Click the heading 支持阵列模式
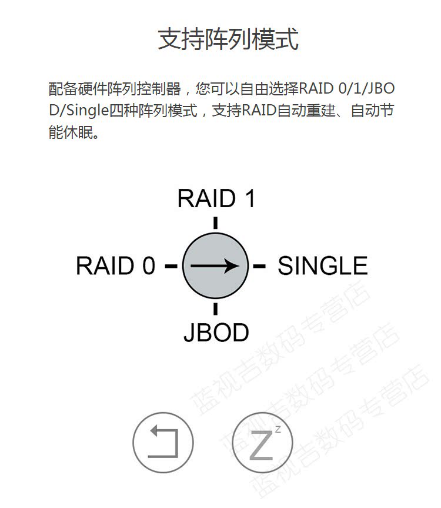click(228, 39)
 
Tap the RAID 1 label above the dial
click(216, 198)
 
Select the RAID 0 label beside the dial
click(116, 266)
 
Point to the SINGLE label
click(322, 266)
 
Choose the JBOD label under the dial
click(216, 333)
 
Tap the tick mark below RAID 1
click(216, 223)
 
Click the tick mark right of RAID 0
click(171, 266)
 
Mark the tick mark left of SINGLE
click(259, 266)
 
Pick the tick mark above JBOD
click(216, 308)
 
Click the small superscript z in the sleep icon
click(278, 429)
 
